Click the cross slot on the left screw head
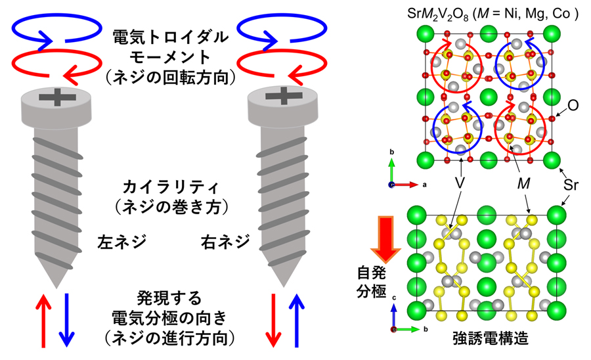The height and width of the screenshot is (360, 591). click(x=57, y=97)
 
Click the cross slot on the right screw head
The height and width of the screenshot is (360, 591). click(x=284, y=96)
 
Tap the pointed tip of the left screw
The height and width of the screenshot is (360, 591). click(x=56, y=287)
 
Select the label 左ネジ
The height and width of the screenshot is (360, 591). click(x=121, y=242)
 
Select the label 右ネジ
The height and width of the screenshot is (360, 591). click(x=225, y=242)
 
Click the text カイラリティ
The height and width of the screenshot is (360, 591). click(x=171, y=187)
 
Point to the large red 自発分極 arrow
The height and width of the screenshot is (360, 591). click(x=385, y=239)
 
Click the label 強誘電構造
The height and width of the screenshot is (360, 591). click(x=491, y=338)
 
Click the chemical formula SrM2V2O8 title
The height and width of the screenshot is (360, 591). click(x=492, y=14)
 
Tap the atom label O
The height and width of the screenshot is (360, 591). click(x=573, y=105)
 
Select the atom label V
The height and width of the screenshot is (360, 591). click(x=460, y=183)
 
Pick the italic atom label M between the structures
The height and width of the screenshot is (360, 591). click(x=523, y=183)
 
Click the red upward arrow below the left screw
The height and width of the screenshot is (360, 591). click(x=43, y=321)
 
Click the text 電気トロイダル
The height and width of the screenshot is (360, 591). click(x=171, y=37)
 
